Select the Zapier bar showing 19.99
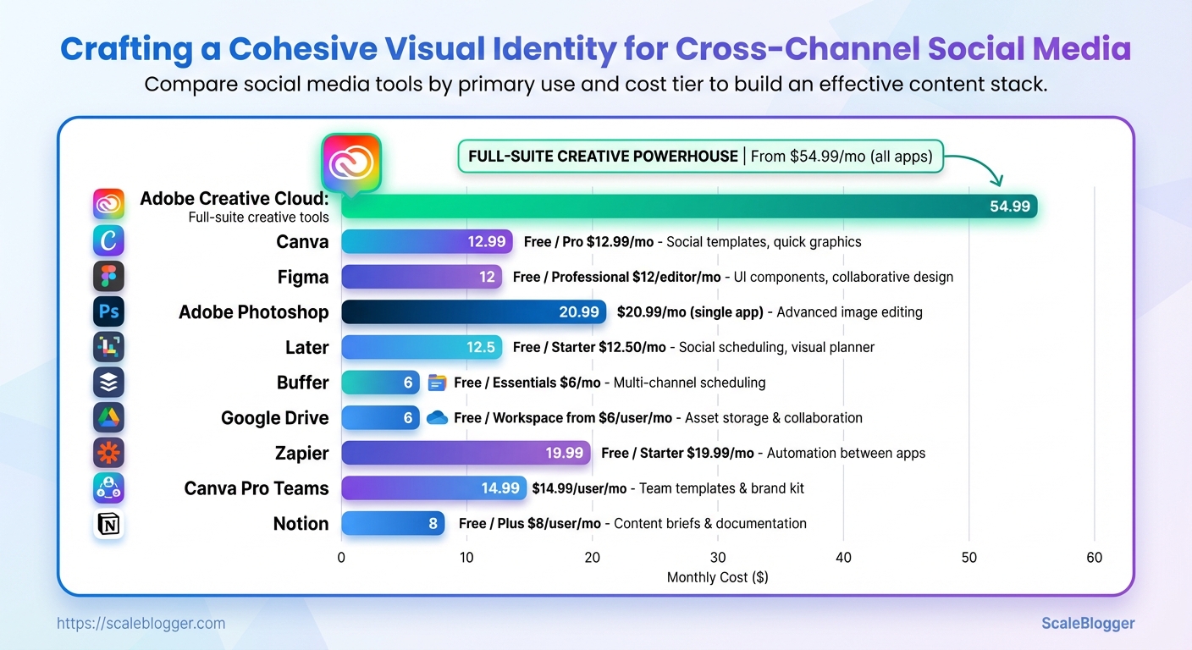click(466, 453)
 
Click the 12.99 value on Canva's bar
click(486, 242)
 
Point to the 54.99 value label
click(1009, 207)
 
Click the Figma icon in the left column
click(108, 277)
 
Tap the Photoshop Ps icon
click(108, 312)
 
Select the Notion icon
click(108, 524)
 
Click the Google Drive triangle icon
click(108, 418)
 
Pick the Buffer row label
click(302, 383)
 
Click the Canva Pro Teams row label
click(257, 488)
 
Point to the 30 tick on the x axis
click(718, 558)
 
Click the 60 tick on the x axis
click(1094, 558)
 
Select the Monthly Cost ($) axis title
click(717, 577)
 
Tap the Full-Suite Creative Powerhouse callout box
click(699, 157)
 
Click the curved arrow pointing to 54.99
click(982, 165)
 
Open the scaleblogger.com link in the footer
click(141, 624)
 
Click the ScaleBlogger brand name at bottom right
click(1087, 624)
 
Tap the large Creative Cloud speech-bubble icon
click(350, 162)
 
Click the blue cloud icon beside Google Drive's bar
click(437, 418)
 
